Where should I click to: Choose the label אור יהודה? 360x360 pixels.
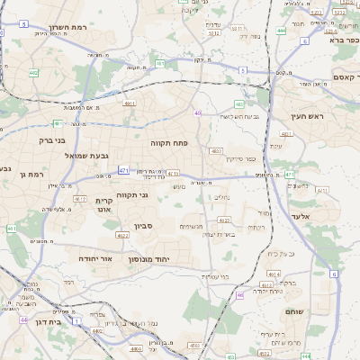(x=94, y=257)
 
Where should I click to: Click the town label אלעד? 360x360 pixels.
(x=300, y=217)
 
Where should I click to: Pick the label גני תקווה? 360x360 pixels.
(x=132, y=194)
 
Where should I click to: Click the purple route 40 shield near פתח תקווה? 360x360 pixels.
(x=197, y=113)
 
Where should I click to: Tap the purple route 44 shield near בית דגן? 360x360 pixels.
(x=23, y=319)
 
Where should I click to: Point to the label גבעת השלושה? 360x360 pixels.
(x=240, y=116)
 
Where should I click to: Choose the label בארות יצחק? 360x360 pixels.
(x=219, y=234)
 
